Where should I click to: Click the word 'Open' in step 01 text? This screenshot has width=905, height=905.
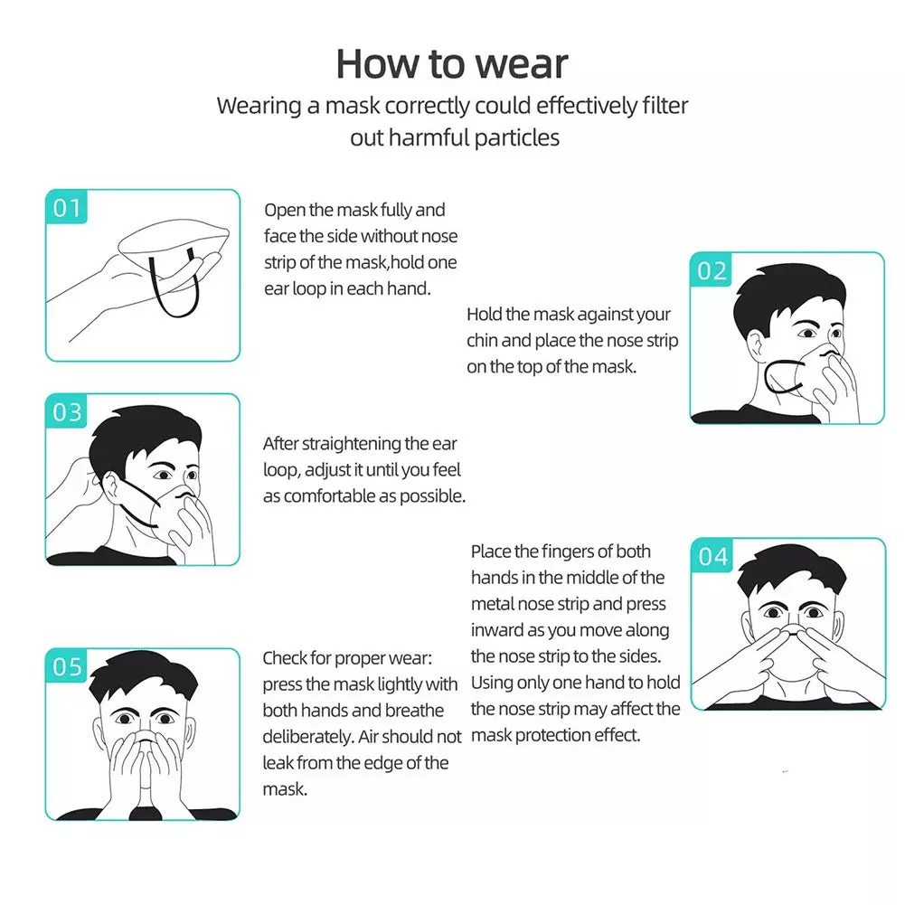[284, 211]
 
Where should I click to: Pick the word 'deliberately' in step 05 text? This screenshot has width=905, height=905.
[307, 737]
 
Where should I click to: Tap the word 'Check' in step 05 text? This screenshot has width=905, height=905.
[285, 658]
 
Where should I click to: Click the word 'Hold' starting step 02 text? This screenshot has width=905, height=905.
[485, 315]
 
